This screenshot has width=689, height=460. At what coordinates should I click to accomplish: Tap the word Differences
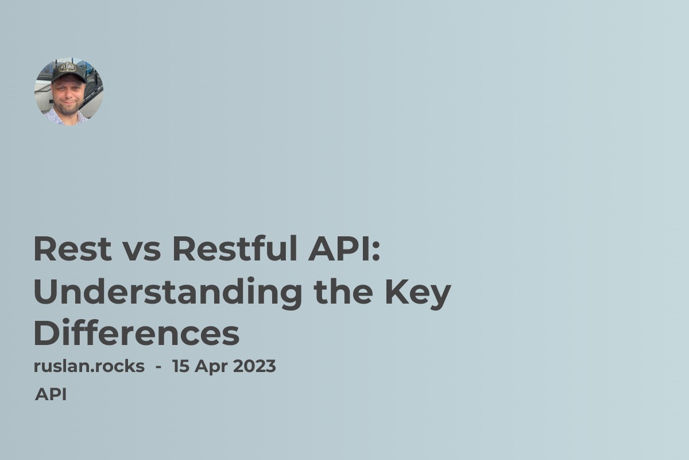coord(136,334)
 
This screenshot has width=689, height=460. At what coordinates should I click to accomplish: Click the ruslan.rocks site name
coord(89,366)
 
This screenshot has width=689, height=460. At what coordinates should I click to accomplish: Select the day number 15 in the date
coord(181,366)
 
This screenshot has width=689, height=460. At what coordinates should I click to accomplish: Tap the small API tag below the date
coord(51,394)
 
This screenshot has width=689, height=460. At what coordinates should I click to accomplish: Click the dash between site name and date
coord(158,367)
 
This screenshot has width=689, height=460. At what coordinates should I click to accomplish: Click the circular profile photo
coord(69,91)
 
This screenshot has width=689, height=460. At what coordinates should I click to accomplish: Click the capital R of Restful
coord(183,250)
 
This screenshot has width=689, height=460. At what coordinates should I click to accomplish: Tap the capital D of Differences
coord(45,334)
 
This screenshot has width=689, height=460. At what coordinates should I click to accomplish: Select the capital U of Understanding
coord(47,292)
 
